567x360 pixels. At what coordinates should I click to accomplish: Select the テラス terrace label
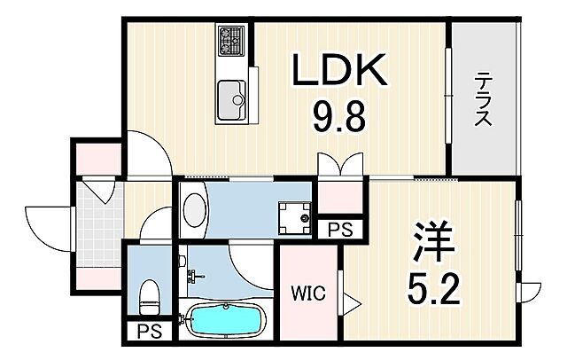click(482, 99)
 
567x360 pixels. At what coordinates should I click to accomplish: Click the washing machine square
click(293, 215)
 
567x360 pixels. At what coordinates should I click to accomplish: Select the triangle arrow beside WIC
click(352, 303)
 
